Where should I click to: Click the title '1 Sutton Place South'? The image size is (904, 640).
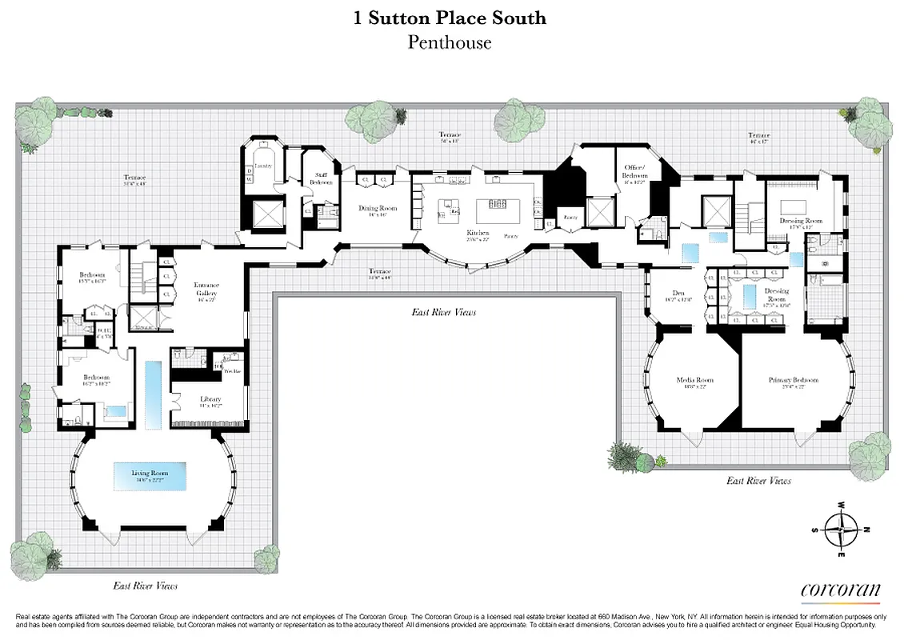[450, 18]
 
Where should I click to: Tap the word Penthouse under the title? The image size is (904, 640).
[450, 42]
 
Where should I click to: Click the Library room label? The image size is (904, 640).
[210, 399]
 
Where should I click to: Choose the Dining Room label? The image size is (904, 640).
[372, 211]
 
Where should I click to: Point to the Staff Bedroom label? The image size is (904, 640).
[321, 179]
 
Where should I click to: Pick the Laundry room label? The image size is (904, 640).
[264, 166]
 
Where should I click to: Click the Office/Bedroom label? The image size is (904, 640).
[636, 171]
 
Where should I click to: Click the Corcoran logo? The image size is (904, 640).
[840, 590]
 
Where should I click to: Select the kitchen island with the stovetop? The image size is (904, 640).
[499, 210]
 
